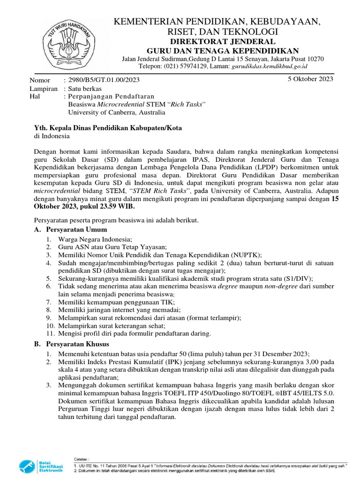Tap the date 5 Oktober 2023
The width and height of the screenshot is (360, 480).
pyautogui.click(x=310, y=79)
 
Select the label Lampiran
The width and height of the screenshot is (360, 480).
pyautogui.click(x=43, y=89)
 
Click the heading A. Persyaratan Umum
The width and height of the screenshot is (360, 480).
pyautogui.click(x=71, y=229)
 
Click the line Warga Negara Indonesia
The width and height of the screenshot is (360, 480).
pyautogui.click(x=95, y=239)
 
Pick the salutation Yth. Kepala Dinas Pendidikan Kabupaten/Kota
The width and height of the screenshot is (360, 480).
pyautogui.click(x=108, y=128)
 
